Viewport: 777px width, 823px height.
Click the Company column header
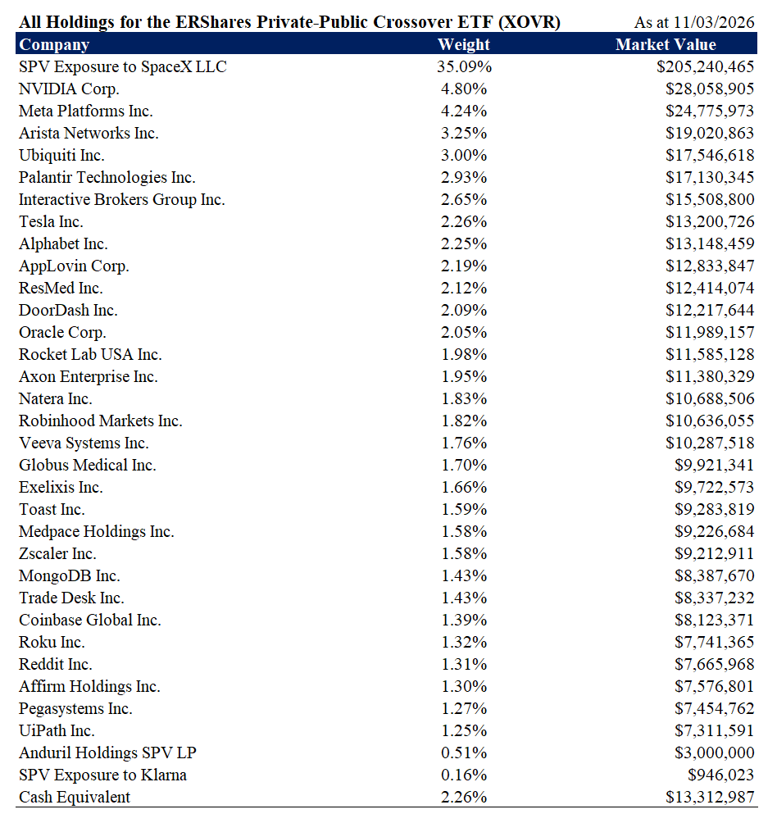tap(54, 45)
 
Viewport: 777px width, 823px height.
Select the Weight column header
tap(464, 45)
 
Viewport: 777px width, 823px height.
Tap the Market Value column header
tap(666, 45)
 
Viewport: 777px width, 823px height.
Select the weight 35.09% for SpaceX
tap(464, 67)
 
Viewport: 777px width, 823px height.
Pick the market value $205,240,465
tap(705, 67)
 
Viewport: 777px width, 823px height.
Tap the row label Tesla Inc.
tap(51, 222)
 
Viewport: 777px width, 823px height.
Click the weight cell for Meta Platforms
tap(464, 111)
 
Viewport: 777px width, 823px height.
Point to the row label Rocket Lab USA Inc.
tap(90, 355)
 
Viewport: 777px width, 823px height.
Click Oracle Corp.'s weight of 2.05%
tap(464, 333)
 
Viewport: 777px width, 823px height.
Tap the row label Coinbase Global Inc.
tap(90, 621)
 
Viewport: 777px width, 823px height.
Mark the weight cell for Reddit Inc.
tap(464, 665)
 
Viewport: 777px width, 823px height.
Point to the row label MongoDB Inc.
tap(70, 576)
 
